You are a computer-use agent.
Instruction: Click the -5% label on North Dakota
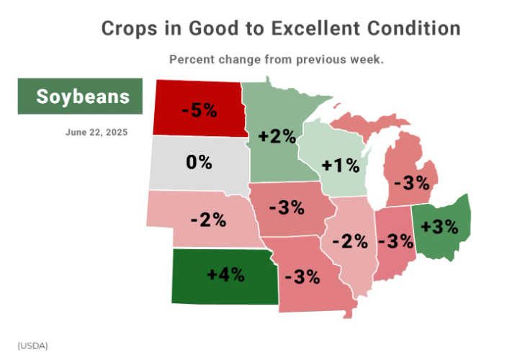[x=199, y=110]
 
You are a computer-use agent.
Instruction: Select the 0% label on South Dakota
[x=199, y=162]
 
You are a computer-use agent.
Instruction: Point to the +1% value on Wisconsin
[x=340, y=166]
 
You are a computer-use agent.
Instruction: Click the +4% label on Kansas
[x=225, y=274]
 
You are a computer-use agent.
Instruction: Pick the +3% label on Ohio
[x=439, y=226]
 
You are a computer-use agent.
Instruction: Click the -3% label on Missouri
[x=302, y=277]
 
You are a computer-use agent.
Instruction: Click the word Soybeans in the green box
[x=83, y=96]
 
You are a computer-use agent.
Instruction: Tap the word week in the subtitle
[x=368, y=60]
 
